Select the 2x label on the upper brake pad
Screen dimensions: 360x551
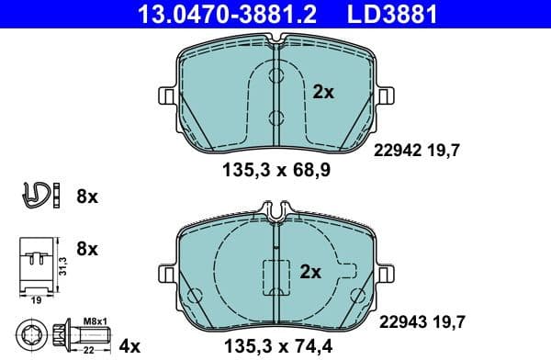click(x=322, y=92)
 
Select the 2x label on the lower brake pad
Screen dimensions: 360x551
click(x=311, y=272)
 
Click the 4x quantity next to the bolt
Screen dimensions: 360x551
click(x=130, y=345)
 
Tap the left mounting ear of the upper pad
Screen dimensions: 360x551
click(x=166, y=95)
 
